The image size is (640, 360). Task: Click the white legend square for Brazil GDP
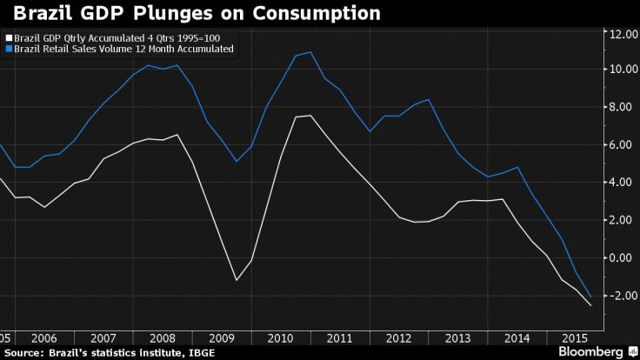tap(8, 39)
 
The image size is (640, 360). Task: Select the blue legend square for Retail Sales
tap(8, 50)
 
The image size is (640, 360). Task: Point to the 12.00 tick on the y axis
tap(624, 34)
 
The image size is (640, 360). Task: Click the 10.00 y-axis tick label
tap(624, 70)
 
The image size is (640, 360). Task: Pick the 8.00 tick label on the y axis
tap(624, 108)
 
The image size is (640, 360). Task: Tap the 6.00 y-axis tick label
tap(624, 145)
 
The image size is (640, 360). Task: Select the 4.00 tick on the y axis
tap(624, 183)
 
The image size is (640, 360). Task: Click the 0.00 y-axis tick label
tap(624, 258)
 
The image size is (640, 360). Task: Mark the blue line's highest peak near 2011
tap(310, 52)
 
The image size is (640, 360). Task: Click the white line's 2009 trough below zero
tap(236, 280)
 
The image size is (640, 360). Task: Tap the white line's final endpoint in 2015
tap(590, 305)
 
